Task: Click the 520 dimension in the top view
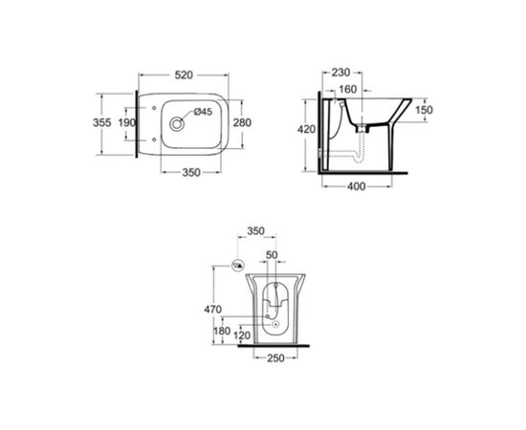[x=184, y=75]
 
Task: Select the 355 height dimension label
[x=101, y=122]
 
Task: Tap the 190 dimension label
[x=127, y=122]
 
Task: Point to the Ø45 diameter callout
[x=204, y=112]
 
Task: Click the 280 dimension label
[x=242, y=122]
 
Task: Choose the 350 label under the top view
[x=191, y=173]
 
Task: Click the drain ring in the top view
[x=177, y=124]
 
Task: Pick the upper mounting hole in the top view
[x=154, y=108]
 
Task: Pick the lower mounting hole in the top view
[x=154, y=140]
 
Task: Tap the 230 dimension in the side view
[x=340, y=72]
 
